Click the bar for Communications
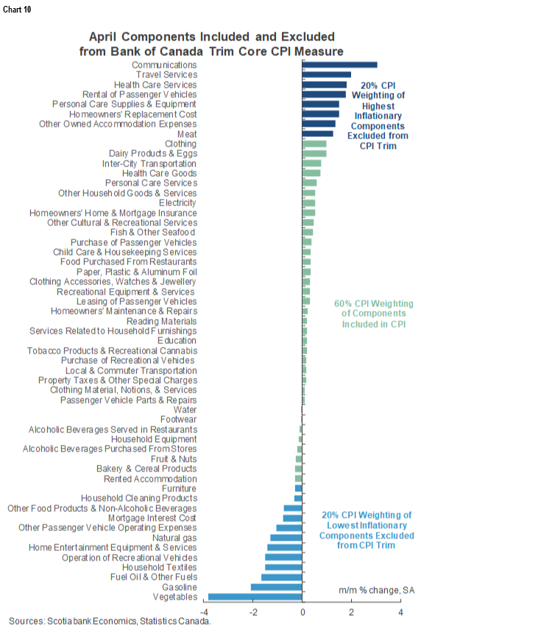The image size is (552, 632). (x=339, y=65)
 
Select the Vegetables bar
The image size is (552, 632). (x=255, y=597)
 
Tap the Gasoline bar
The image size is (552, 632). (x=277, y=587)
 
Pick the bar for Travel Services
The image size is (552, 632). (x=327, y=74)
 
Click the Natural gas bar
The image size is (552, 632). (x=286, y=538)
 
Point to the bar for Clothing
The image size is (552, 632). (x=314, y=144)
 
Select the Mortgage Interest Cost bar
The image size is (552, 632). (x=293, y=518)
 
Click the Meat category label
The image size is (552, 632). (x=187, y=134)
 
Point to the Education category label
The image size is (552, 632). (x=177, y=340)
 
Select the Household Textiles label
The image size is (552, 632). (x=159, y=567)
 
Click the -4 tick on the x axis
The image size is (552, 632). (x=205, y=612)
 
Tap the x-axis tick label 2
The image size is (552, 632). (x=352, y=612)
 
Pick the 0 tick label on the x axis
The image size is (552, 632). (x=302, y=612)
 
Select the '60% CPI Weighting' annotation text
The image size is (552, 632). (x=374, y=303)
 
